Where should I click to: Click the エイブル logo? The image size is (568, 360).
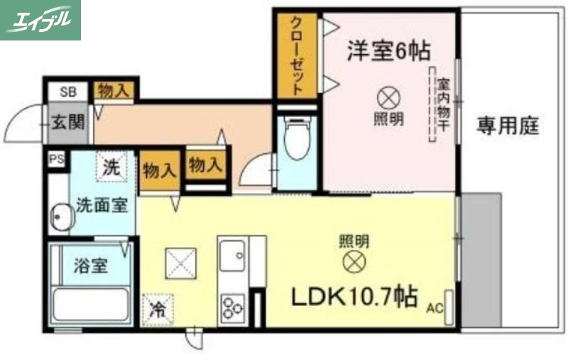40,20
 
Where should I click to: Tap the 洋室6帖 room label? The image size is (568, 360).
388,50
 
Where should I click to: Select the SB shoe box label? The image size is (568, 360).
67,91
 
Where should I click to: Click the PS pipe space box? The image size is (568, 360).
56,160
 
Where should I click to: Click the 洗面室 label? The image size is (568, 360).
103,206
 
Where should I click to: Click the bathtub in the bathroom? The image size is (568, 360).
91,305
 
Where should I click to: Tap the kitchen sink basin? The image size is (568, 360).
233,256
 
